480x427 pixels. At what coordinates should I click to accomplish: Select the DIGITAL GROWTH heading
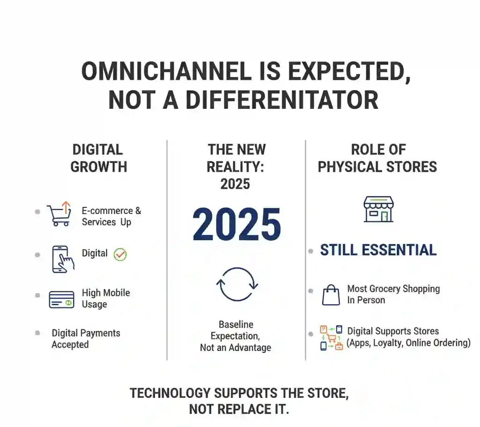pos(98,158)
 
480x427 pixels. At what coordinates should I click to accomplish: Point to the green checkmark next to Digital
pos(120,254)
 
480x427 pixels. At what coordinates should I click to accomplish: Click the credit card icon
pos(61,299)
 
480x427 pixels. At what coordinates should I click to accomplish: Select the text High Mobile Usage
pos(105,298)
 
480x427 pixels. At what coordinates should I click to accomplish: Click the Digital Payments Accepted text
pos(86,339)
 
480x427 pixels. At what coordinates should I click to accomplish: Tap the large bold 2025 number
pos(237,225)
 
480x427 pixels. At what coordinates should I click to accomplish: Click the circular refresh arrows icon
pos(237,284)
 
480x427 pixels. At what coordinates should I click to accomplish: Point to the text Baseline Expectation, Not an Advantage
pos(235,336)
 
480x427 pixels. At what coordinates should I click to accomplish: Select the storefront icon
pos(378,209)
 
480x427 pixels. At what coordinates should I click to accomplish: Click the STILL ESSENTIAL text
pos(378,250)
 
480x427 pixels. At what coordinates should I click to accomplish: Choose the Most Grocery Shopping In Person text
pos(393,294)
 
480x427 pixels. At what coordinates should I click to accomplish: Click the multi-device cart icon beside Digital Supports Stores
pos(331,338)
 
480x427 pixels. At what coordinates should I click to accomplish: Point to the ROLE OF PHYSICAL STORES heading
pos(377,158)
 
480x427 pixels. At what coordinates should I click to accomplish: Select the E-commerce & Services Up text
pos(111,216)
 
